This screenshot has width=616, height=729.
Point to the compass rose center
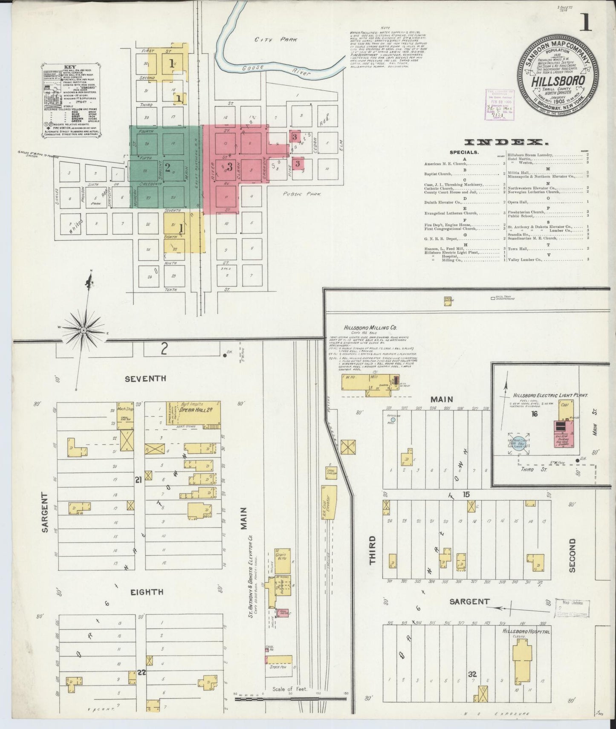pyautogui.click(x=84, y=330)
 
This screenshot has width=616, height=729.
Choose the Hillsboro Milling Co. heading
pyautogui.click(x=370, y=328)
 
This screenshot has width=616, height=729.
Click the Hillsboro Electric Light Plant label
pyautogui.click(x=550, y=395)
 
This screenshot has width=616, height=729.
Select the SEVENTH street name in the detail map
pyautogui.click(x=145, y=378)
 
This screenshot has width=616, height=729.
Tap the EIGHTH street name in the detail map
pyautogui.click(x=147, y=592)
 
